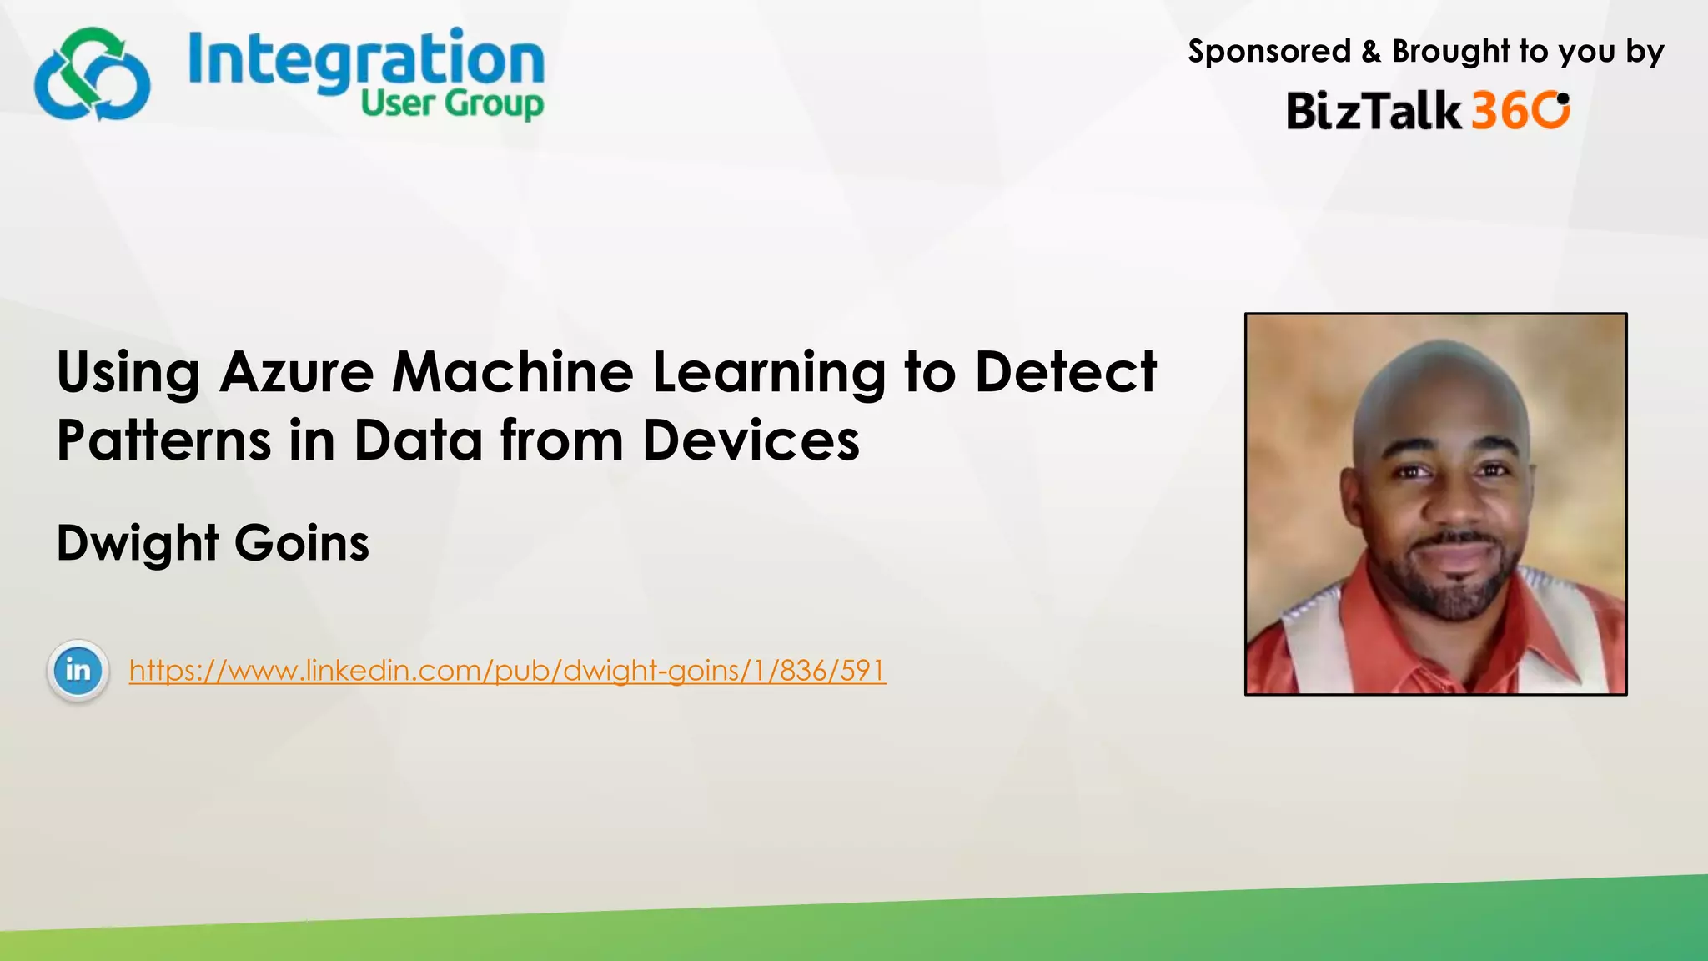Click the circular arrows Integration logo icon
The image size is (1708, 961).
92,75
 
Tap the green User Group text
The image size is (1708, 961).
452,105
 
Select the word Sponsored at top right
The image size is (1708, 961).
1268,52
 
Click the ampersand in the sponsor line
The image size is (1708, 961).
1371,53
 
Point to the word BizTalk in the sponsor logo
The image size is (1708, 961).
1374,111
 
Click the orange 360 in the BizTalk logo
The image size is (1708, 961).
1520,110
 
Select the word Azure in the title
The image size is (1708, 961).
297,372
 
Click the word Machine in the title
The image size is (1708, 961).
513,372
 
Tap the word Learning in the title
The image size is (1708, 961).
768,374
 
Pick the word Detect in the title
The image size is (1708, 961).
1065,372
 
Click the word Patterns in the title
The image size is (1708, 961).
163,440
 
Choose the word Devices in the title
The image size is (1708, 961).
751,440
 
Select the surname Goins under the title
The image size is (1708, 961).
302,544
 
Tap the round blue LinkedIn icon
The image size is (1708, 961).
78,670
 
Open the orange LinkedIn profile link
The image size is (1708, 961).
507,670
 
